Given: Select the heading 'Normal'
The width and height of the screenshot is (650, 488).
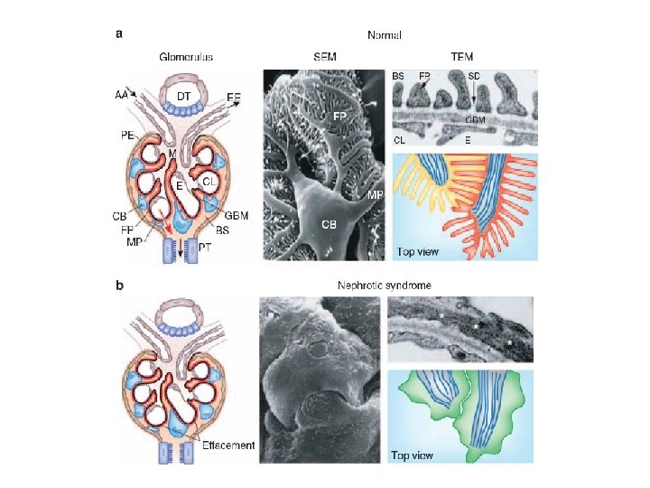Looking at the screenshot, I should tap(385, 35).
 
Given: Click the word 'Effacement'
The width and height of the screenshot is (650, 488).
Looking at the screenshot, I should tap(230, 445).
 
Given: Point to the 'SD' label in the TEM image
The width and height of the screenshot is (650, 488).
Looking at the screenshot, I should tap(474, 76).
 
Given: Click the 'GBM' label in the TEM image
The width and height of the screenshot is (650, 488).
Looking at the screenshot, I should tap(478, 119).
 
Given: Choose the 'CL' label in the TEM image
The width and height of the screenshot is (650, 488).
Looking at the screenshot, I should tap(399, 139).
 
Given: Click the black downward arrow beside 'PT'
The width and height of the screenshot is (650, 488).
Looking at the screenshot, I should tap(181, 253).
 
